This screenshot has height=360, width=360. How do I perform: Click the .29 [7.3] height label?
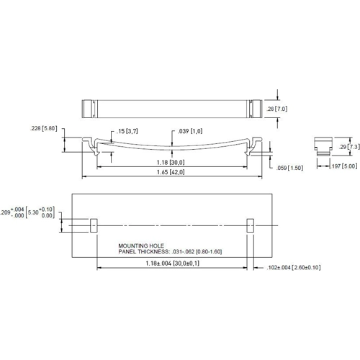pyautogui.click(x=352, y=146)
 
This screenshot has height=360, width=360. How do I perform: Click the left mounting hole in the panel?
pyautogui.click(x=93, y=225)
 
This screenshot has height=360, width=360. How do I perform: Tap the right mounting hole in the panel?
pyautogui.click(x=250, y=225)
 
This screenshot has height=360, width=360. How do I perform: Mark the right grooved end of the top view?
pyautogui.click(x=253, y=109)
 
